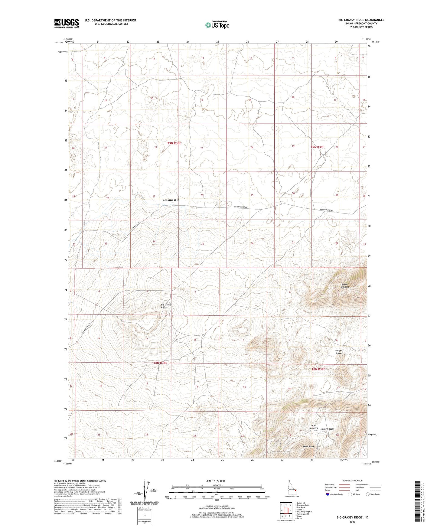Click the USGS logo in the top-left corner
tap(66, 23)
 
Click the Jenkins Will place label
tap(171, 200)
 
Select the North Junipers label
tap(345, 285)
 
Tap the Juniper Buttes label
tap(339, 352)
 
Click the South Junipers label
tap(314, 427)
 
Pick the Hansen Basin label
tap(327, 429)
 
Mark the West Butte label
tap(309, 446)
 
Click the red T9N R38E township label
tap(174, 143)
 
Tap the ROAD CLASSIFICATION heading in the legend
tap(353, 481)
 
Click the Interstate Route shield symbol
tap(328, 494)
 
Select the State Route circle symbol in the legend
tap(368, 494)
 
